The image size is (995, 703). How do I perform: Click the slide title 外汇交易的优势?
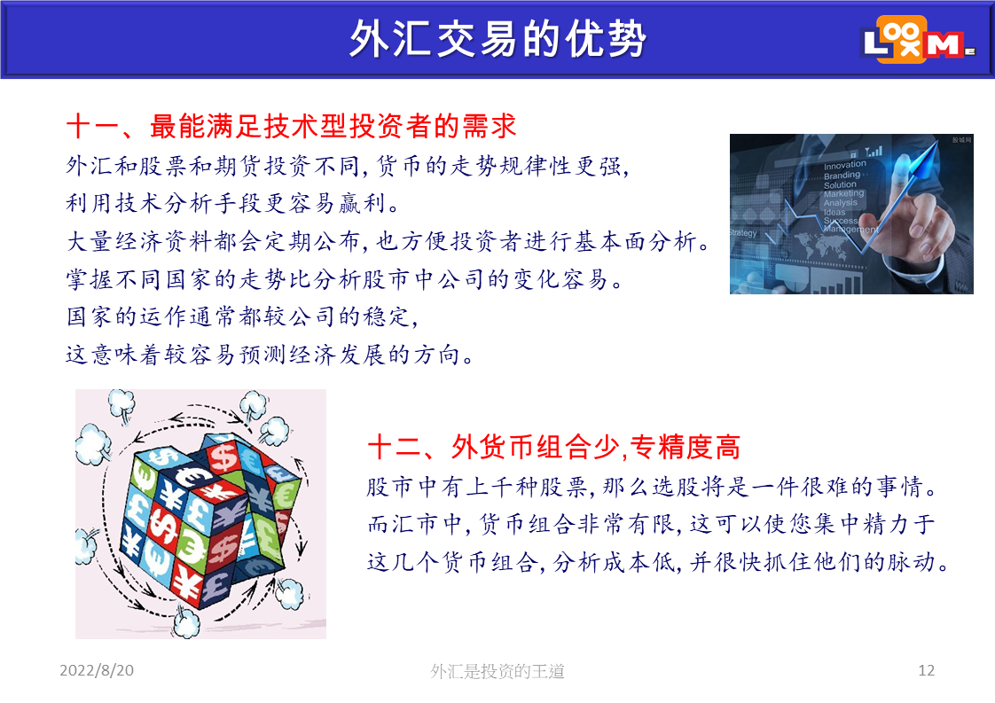coord(497,39)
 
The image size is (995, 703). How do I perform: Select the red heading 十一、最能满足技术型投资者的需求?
coord(291,126)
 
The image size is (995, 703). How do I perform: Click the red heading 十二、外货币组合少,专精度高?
coord(554,447)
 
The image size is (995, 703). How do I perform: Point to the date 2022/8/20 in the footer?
coord(97,670)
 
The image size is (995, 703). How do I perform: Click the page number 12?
coord(926,670)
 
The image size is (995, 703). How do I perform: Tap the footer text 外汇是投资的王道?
coord(497,670)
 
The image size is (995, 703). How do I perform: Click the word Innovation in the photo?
coord(844,165)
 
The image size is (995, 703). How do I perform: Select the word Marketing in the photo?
coord(844,193)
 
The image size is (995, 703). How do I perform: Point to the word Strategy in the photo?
coord(742,233)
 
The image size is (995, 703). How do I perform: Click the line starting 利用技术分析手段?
coord(233,203)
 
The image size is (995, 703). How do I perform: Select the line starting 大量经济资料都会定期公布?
coord(388,241)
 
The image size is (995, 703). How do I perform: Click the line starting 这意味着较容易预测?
coord(270,354)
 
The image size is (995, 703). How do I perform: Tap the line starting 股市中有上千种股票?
coord(653,487)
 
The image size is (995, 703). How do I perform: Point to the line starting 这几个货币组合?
coord(658,561)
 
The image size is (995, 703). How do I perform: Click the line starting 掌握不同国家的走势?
coord(345,278)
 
